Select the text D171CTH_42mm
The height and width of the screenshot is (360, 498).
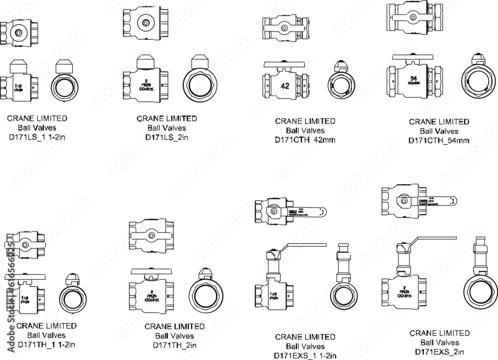click(305, 140)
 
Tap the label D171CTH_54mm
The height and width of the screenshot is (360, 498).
click(439, 140)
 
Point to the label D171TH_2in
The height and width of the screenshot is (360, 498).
click(174, 345)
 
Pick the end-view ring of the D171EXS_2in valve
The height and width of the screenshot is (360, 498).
click(481, 292)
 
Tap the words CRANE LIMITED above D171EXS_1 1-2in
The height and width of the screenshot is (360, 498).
click(305, 337)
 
